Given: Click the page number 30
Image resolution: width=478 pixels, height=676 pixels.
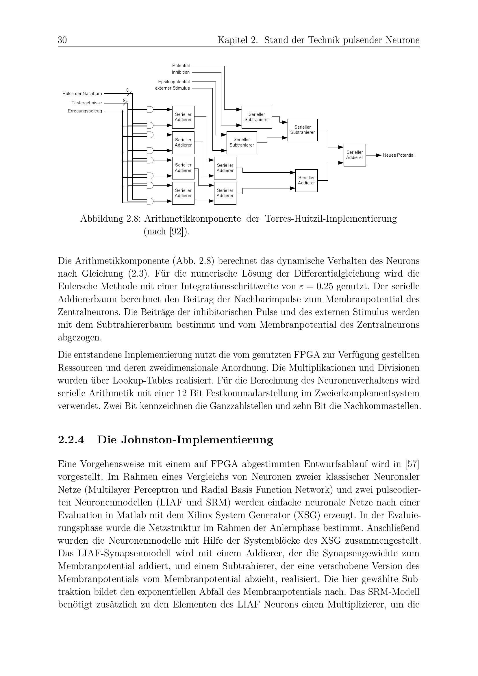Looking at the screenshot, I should [62, 40].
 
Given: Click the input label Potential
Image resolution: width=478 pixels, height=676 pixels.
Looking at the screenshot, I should [181, 66].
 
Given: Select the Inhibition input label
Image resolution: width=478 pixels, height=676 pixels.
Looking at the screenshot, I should [181, 72].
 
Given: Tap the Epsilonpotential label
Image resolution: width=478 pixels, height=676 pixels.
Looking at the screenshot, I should [174, 82].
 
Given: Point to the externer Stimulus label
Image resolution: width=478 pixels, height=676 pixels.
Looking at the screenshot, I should [172, 88].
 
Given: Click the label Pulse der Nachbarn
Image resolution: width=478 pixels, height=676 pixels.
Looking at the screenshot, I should [82, 94].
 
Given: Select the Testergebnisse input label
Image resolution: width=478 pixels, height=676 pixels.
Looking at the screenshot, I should [86, 103].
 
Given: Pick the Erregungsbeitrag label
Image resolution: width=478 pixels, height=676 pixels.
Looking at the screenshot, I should [85, 111].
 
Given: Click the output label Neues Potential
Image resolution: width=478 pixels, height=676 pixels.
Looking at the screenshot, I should [398, 155].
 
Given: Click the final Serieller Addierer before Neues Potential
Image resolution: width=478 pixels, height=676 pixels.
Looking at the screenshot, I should [354, 155].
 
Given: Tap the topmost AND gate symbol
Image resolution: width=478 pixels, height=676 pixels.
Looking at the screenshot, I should [150, 110].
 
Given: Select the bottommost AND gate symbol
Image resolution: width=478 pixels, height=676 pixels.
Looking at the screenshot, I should [150, 201].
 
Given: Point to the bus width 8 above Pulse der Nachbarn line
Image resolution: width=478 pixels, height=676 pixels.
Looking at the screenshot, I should [127, 90].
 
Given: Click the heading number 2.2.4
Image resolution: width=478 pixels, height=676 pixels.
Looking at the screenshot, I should [71, 440].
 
